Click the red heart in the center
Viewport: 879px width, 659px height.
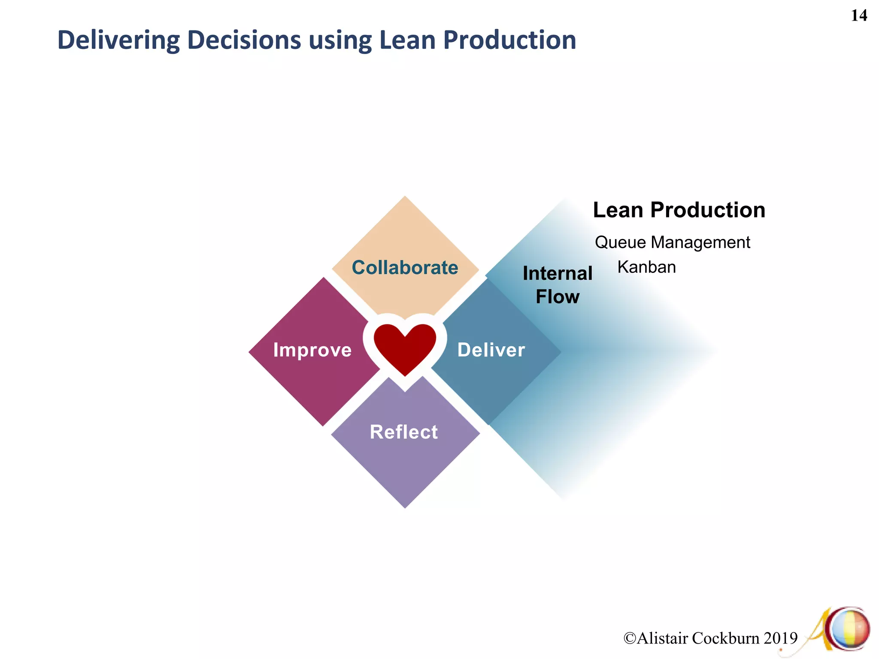coord(405,347)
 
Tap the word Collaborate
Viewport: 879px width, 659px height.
coord(405,268)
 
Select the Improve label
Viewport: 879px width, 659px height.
coord(312,350)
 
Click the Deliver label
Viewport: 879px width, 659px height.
coord(491,350)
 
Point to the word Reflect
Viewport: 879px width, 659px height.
coord(404,432)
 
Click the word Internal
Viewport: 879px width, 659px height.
coord(558,274)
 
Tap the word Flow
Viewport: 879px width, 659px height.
coord(558,297)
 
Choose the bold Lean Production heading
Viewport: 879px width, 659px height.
coord(679,210)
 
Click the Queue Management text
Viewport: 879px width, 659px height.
coord(672,242)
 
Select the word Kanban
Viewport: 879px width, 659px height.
coord(646,267)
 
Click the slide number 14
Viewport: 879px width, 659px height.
coord(859,16)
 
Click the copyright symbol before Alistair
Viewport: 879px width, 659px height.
coord(630,638)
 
